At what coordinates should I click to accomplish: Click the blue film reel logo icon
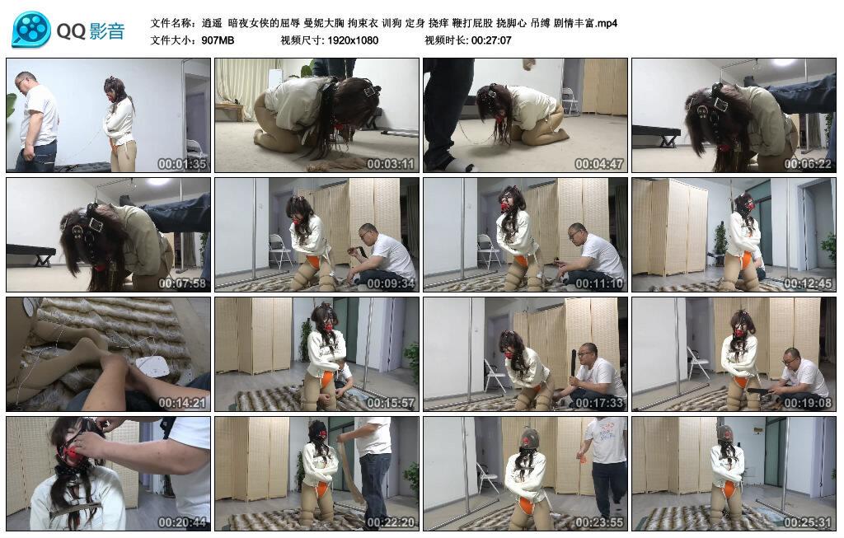point(31,30)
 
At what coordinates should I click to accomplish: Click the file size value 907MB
point(218,40)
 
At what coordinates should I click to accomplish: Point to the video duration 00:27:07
point(491,40)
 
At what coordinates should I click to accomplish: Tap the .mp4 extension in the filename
point(607,23)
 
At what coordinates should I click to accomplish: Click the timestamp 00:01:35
point(182,164)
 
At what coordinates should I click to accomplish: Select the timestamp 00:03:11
point(391,164)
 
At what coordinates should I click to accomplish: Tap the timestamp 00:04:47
point(599,164)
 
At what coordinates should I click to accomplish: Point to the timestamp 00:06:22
point(808,164)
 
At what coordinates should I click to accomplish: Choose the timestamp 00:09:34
point(391,283)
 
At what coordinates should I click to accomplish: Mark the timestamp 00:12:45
point(808,283)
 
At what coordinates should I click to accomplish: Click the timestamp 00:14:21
point(182,403)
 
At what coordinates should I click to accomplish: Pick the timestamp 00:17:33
point(599,403)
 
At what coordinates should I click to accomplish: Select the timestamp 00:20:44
point(182,522)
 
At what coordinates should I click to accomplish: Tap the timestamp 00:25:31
point(808,522)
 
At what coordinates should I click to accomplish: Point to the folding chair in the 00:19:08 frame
point(697,363)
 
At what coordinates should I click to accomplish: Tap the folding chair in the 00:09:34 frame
point(280,250)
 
